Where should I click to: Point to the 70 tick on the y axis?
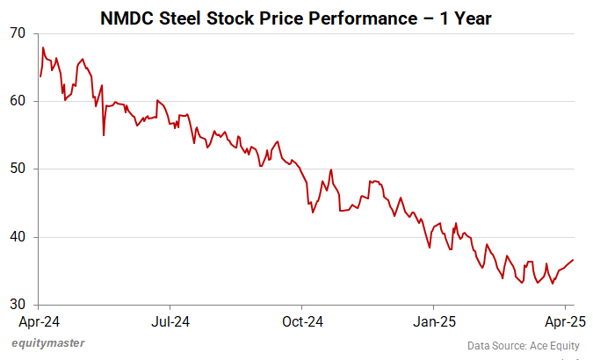18,33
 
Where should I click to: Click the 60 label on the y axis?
18,102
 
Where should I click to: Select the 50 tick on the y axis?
18,169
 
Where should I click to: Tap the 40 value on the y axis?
18,237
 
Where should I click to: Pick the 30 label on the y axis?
18,306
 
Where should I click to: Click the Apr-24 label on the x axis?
40,321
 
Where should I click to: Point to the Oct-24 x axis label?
302,321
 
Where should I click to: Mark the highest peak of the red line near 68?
43,47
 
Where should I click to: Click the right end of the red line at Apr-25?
574,260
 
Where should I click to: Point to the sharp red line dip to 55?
104,135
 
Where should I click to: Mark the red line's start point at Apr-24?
40,76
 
